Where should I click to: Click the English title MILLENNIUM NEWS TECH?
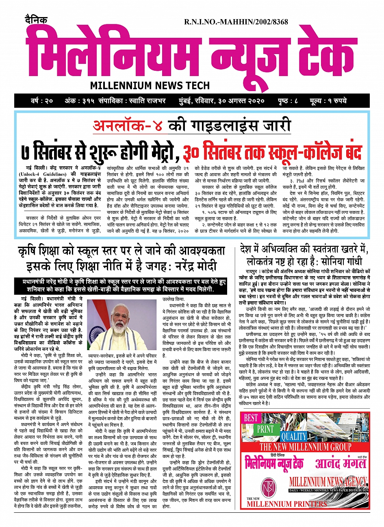tap(150, 85)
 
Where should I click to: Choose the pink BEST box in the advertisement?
tap(251, 418)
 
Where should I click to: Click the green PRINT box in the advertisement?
tap(265, 429)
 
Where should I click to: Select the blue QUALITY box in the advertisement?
tap(294, 436)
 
